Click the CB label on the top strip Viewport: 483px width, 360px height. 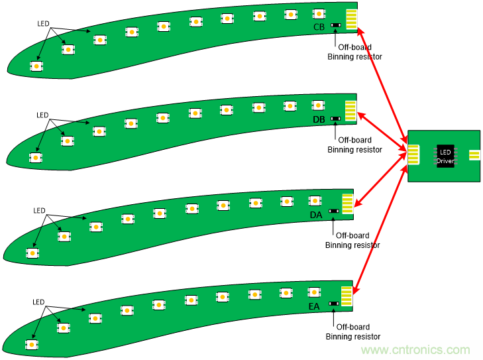(x=319, y=27)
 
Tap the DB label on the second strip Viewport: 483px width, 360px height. (x=319, y=119)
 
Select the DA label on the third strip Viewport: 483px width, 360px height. (x=316, y=215)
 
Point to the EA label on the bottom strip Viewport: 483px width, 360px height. (x=315, y=306)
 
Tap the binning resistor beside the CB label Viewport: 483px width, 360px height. (x=337, y=27)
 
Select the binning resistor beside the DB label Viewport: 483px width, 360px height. (x=336, y=119)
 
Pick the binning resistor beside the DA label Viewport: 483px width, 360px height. (x=334, y=211)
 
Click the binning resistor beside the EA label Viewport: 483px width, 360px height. (x=333, y=303)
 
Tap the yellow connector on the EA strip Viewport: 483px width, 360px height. (x=347, y=295)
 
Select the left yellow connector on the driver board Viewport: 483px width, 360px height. (x=414, y=155)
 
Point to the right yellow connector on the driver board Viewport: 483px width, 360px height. (x=474, y=156)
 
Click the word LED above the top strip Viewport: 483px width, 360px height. (x=43, y=23)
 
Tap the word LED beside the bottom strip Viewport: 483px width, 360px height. (x=40, y=302)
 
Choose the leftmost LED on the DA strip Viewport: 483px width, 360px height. (x=32, y=253)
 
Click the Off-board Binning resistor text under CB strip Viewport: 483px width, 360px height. (x=354, y=52)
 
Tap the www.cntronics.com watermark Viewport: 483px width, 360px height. (x=415, y=350)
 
